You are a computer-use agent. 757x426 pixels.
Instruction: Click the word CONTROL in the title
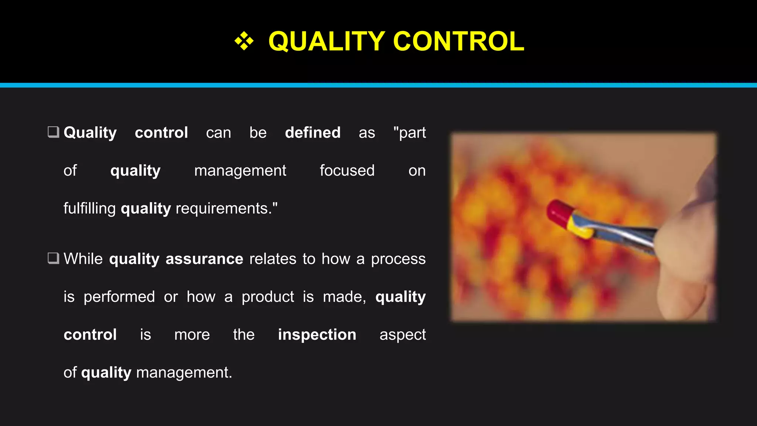[459, 41]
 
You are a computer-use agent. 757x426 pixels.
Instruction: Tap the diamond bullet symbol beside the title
[244, 41]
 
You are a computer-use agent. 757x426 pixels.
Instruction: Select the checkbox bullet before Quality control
[54, 132]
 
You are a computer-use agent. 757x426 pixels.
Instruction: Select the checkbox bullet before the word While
[54, 258]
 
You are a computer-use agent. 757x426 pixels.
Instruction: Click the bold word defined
[313, 132]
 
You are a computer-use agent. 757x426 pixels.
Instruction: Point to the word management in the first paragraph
[240, 171]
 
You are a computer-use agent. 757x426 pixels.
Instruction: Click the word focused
[347, 170]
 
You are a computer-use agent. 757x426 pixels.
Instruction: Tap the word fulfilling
[89, 209]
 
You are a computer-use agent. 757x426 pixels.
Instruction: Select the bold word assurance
[204, 259]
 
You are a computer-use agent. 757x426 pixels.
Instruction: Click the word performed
[119, 297]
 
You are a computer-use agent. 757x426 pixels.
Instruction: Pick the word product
[268, 297]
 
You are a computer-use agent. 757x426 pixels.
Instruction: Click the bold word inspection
[317, 335]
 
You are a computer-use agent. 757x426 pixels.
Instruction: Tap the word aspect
[403, 335]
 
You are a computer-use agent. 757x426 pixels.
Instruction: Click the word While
[83, 259]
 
